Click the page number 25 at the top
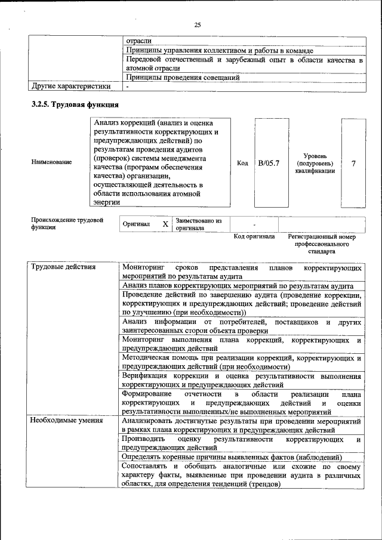point(198,24)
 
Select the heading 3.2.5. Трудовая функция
point(75,105)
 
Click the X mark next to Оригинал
point(165,225)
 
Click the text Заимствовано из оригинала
point(199,225)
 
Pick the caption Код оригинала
point(254,237)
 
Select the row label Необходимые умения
point(66,421)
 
